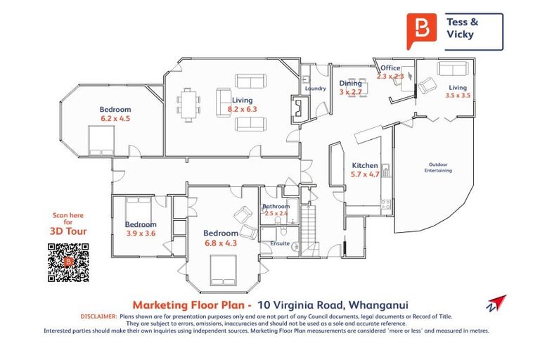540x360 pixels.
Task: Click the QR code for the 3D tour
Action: [68, 262]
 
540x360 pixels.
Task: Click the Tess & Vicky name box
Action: [473, 32]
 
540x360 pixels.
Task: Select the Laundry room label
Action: [316, 89]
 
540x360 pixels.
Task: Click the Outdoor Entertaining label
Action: [439, 167]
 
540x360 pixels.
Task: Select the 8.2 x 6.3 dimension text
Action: [243, 110]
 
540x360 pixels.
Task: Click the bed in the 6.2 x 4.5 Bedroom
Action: [98, 141]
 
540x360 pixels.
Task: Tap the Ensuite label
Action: [281, 243]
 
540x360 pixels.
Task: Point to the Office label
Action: [390, 68]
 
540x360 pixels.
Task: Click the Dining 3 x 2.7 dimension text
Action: [350, 91]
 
